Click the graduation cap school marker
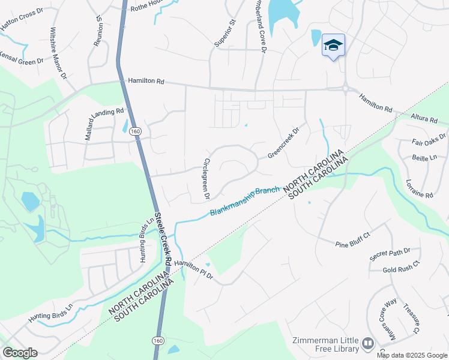pos(334,46)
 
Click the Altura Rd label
pos(424,119)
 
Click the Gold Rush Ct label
pos(402,270)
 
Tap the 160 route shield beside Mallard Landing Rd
pos(135,131)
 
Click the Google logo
pos(20,353)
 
